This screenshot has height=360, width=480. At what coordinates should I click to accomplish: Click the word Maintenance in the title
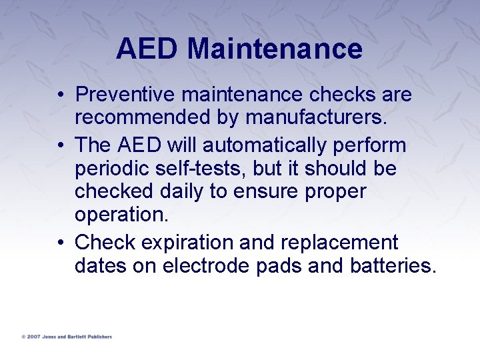[x=275, y=49]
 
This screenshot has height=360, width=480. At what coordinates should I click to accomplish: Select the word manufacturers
[x=316, y=118]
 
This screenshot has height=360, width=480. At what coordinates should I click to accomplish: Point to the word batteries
[x=393, y=265]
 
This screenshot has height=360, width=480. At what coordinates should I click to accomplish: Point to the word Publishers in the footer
[x=98, y=337]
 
